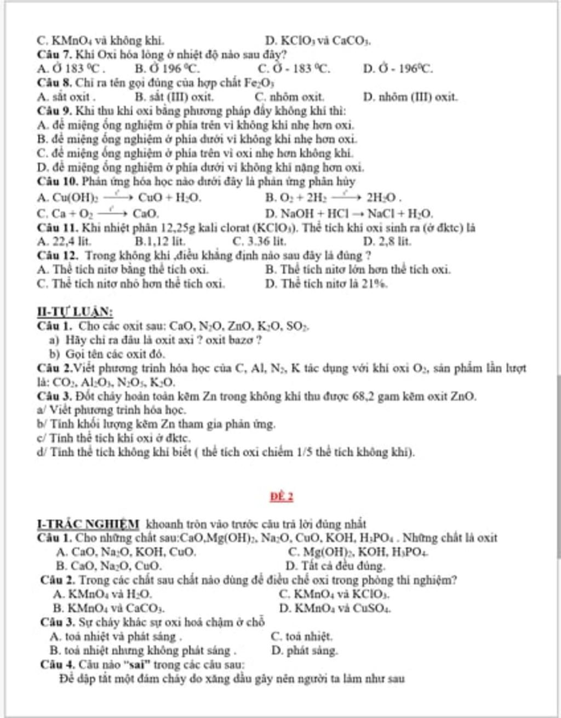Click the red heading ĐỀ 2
282,497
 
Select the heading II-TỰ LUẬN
75,312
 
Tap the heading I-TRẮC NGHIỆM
88,524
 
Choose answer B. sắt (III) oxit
174,97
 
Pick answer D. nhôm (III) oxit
410,97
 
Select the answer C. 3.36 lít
259,242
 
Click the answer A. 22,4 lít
65,242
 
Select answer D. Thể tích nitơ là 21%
327,284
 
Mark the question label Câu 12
58,255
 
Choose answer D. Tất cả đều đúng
335,566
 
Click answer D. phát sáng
305,651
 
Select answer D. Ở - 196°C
398,69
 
